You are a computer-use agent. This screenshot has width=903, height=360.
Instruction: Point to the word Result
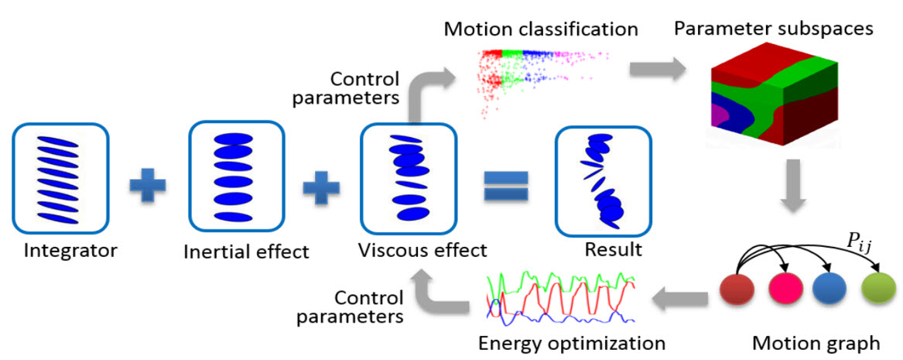pos(613,251)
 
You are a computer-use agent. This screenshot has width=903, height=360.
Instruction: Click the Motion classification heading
pos(541,29)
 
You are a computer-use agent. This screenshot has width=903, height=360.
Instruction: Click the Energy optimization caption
pos(572,344)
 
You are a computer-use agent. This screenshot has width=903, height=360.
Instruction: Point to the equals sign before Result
pos(505,186)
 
